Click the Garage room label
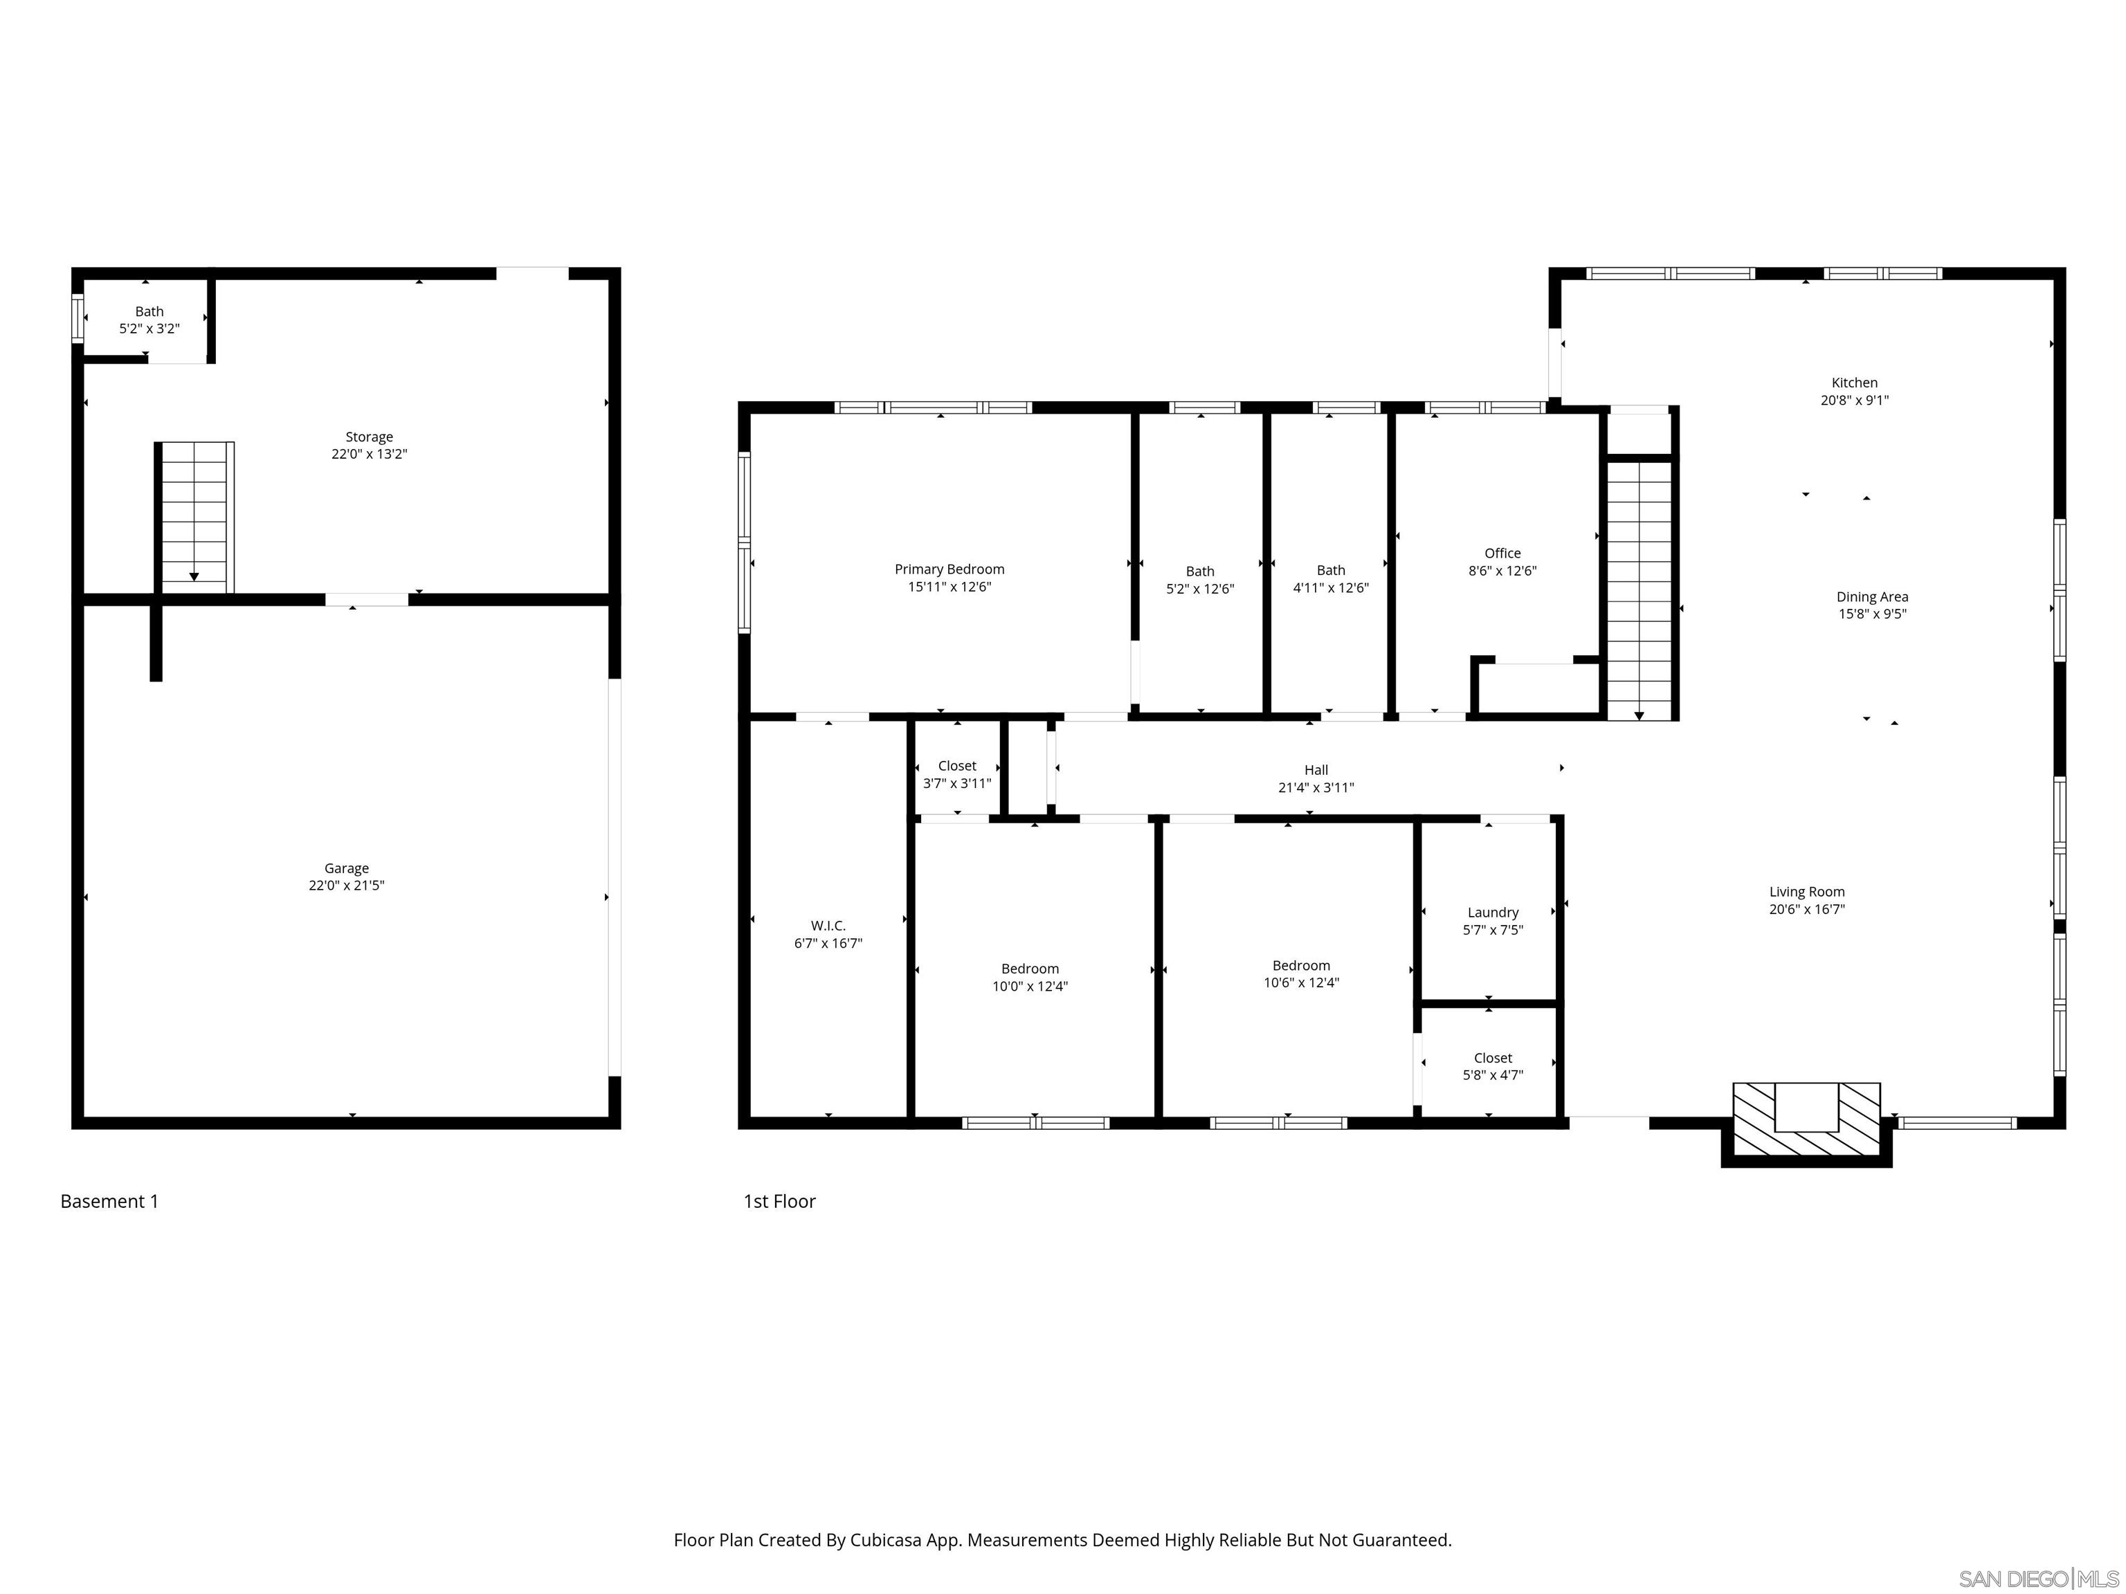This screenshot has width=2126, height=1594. pos(346,868)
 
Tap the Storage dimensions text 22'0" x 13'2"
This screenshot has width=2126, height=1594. pos(369,455)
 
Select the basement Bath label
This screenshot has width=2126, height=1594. pos(149,311)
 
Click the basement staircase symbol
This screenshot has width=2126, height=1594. pos(194,517)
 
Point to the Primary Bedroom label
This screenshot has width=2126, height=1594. pos(949,569)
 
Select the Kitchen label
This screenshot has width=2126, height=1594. pos(1853,383)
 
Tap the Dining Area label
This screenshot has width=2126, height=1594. pos(1871,596)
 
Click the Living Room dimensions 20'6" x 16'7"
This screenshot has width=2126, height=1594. pos(1806,909)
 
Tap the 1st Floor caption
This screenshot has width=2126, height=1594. pos(779,1201)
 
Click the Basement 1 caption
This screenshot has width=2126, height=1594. pos(109,1201)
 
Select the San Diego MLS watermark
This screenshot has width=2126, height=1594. pos(2037,1579)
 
